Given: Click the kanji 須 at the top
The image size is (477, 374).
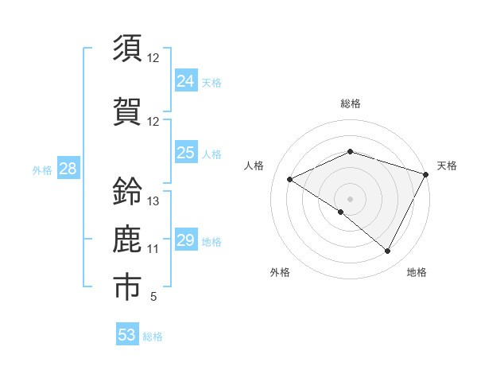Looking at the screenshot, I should pyautogui.click(x=127, y=49).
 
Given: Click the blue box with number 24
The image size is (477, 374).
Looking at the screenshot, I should pyautogui.click(x=186, y=81).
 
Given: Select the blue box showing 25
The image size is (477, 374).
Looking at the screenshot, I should pyautogui.click(x=186, y=153).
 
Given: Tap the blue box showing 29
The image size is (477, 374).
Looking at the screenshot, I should pyautogui.click(x=186, y=240).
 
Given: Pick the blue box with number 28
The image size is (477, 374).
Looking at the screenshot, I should pyautogui.click(x=68, y=169).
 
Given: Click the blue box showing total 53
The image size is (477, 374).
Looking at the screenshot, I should pyautogui.click(x=127, y=335).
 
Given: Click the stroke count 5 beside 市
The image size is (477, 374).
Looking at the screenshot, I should pyautogui.click(x=153, y=298).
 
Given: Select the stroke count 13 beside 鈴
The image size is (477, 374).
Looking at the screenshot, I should pyautogui.click(x=153, y=201).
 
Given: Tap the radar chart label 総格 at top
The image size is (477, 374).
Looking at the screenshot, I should pyautogui.click(x=351, y=104).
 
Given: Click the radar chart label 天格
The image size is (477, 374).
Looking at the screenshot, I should pyautogui.click(x=448, y=166).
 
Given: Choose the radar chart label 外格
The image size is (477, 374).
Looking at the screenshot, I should pyautogui.click(x=280, y=273).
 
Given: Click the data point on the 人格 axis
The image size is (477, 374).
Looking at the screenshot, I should pyautogui.click(x=290, y=179).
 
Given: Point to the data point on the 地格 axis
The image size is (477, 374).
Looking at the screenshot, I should pyautogui.click(x=388, y=251).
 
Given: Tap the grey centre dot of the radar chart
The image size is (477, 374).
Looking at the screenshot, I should pyautogui.click(x=350, y=198).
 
